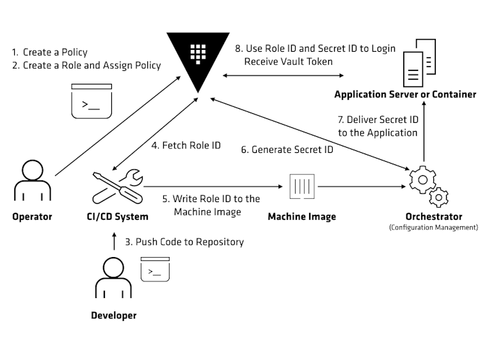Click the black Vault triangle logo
coord(198,55)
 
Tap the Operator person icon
coord(33,180)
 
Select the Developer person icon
coord(113,278)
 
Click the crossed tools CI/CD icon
coord(118,187)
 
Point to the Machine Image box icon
coord(302,186)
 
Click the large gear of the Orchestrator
coord(423,180)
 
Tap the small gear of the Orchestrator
coord(438,198)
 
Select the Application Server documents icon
coord(419,63)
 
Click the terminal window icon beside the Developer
coord(155,269)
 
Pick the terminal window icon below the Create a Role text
coord(92,101)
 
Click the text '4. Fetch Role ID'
coord(186,145)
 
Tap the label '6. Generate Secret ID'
coord(287,150)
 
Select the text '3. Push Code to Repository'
coord(184,242)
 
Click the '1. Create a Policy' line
coord(50,52)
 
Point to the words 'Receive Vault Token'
coord(289,61)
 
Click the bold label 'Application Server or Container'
coord(405,94)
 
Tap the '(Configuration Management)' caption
coord(433,228)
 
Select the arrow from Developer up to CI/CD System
coord(114,241)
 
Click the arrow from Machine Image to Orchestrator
coord(362,186)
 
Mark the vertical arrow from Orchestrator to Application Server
coord(424,131)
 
